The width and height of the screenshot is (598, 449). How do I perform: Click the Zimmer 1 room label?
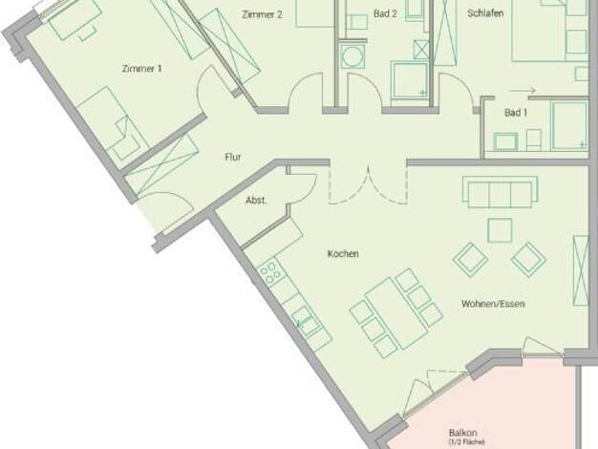click(142, 69)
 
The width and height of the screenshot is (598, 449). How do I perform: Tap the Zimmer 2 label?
click(263, 14)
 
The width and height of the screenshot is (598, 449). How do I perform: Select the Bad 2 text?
click(385, 13)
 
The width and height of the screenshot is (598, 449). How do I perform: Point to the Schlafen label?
click(485, 13)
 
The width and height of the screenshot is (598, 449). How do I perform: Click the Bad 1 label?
click(516, 113)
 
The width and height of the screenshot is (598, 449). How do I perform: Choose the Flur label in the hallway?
click(233, 158)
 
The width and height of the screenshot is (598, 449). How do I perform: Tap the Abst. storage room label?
click(256, 201)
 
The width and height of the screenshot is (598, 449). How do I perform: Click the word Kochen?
click(343, 254)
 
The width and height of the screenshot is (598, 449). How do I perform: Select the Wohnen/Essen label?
click(493, 304)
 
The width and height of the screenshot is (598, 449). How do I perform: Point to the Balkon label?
click(463, 433)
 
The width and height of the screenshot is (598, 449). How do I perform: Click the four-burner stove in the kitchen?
click(271, 271)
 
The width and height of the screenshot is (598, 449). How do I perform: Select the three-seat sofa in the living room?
click(500, 192)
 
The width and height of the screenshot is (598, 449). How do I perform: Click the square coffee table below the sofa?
click(500, 230)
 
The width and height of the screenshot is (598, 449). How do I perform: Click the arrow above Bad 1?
click(523, 91)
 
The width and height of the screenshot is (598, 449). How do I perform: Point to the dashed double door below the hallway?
click(369, 185)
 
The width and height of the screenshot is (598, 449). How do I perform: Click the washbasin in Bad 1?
click(505, 141)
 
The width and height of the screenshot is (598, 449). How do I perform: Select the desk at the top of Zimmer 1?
click(75, 20)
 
